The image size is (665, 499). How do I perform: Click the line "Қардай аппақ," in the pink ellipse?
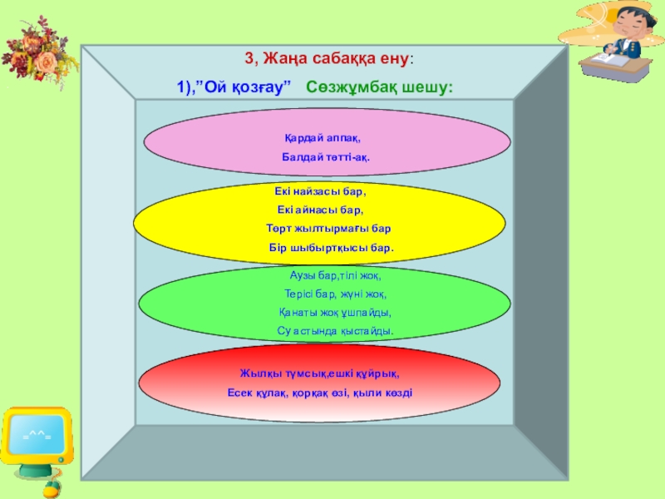(321, 137)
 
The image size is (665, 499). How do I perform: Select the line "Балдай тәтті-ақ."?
(325, 156)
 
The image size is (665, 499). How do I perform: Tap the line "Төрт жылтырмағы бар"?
(328, 228)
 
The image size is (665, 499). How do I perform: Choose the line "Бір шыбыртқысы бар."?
(331, 248)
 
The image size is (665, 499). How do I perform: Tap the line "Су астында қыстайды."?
(334, 331)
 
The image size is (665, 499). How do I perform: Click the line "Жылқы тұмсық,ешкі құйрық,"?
(320, 373)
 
